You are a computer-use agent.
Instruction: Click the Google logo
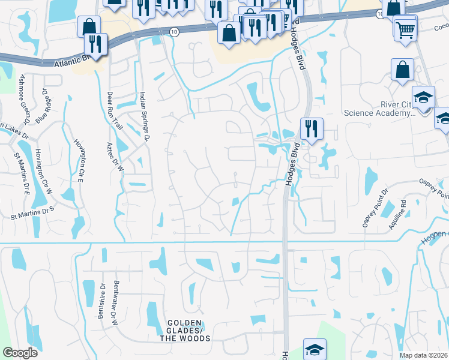pyautogui.click(x=19, y=353)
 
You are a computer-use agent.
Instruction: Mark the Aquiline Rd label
pyautogui.click(x=401, y=211)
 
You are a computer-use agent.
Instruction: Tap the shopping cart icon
pyautogui.click(x=406, y=28)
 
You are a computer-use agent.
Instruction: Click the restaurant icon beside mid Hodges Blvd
pyautogui.click(x=312, y=128)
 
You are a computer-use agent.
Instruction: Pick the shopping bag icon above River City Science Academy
pyautogui.click(x=402, y=68)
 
